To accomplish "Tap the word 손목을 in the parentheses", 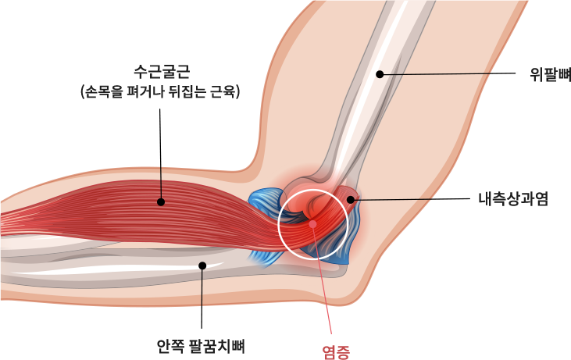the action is tap(105, 92).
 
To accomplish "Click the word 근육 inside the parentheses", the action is tap(222, 92).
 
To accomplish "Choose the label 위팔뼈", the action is tap(550, 74).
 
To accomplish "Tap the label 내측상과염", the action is tap(512, 198).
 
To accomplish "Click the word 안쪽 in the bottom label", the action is tap(170, 344).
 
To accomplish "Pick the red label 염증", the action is tap(337, 352).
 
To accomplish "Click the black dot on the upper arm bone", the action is tap(380, 74).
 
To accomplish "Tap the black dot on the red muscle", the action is tap(161, 201).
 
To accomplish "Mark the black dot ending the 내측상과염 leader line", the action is tap(351, 200).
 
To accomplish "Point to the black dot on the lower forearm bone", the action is tap(202, 266).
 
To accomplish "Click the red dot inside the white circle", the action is tap(312, 224).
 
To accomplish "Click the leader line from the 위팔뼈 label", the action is tap(453, 73).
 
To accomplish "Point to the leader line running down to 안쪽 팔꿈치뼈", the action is tap(202, 293).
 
